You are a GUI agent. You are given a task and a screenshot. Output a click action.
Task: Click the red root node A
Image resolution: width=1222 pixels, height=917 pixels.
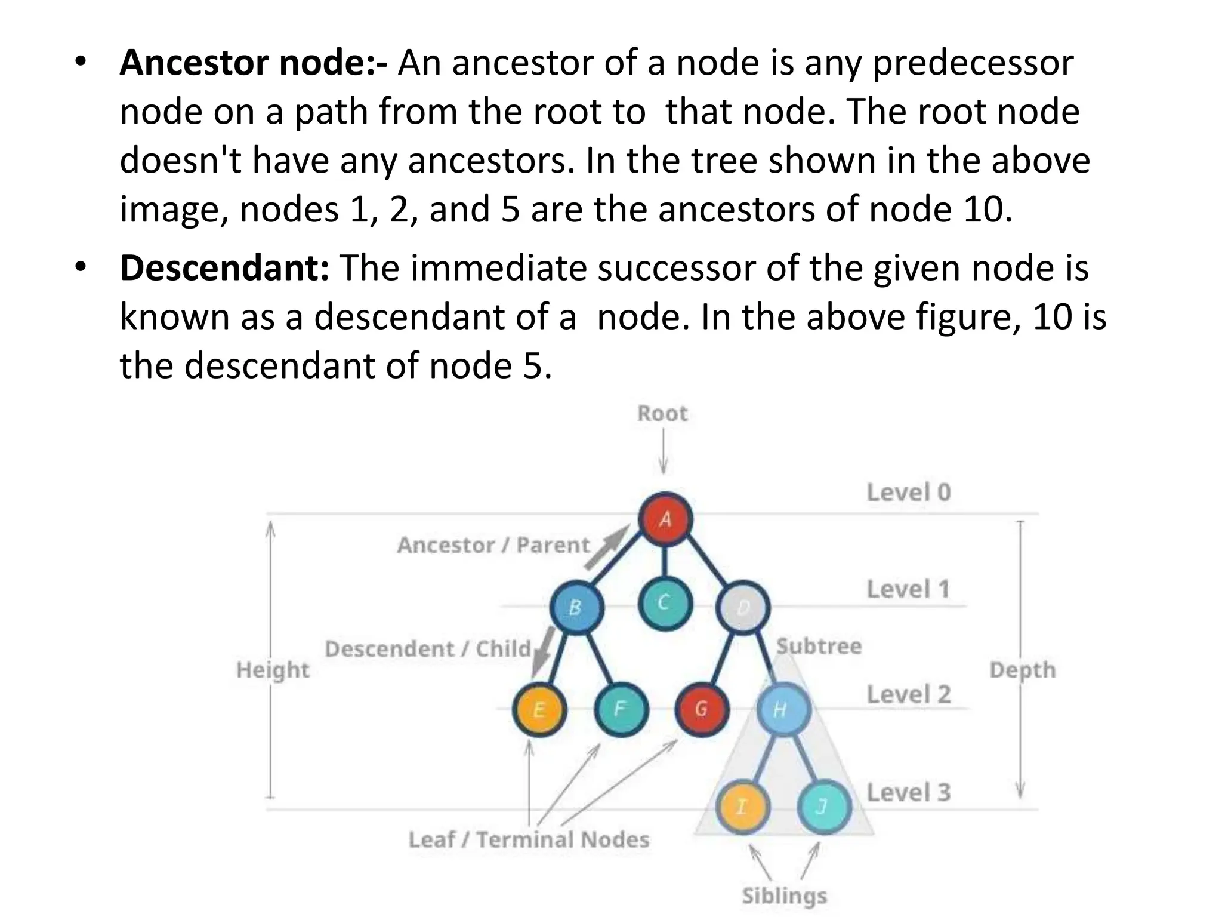coord(665,519)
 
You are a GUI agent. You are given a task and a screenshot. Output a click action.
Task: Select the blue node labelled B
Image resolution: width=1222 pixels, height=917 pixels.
coord(576,607)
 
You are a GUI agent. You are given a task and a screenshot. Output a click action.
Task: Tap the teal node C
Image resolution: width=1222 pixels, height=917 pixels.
coord(665,603)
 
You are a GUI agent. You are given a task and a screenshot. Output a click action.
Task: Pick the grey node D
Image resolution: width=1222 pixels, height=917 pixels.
coord(743,608)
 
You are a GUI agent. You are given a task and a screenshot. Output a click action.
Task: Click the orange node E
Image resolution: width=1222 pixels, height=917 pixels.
coord(539,709)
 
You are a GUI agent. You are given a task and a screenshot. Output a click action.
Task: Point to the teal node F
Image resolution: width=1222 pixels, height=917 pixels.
coord(621,709)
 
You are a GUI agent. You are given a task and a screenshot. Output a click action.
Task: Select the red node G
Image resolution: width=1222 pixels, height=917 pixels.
coord(702,709)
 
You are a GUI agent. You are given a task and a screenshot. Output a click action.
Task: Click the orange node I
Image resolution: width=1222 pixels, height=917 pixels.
coord(742,807)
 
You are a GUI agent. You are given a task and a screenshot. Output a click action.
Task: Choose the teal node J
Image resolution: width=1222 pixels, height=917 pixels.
coord(823,807)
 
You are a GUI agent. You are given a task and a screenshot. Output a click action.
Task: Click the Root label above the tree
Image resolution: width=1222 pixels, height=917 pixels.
coord(662,413)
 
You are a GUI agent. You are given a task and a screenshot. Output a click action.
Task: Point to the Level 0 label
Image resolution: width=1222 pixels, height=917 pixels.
coord(908,493)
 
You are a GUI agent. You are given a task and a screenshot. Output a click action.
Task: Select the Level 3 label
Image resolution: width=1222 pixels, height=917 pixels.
coord(908,793)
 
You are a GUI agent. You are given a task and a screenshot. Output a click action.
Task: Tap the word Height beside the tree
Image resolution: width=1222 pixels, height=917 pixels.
coord(273,670)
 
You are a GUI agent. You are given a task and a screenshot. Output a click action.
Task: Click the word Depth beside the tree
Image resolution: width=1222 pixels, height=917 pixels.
coord(1022,670)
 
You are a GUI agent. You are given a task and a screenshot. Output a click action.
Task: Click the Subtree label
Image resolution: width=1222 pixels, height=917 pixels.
coord(819,646)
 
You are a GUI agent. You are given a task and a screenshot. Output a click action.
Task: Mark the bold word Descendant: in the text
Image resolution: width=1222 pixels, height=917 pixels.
coord(224,267)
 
